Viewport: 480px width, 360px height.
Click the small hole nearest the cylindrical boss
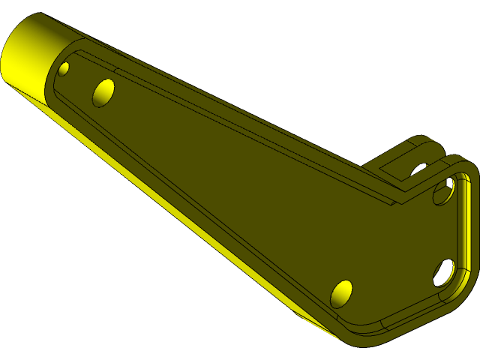click(x=64, y=69)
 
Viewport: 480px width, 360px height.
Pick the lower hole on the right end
click(x=442, y=272)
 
